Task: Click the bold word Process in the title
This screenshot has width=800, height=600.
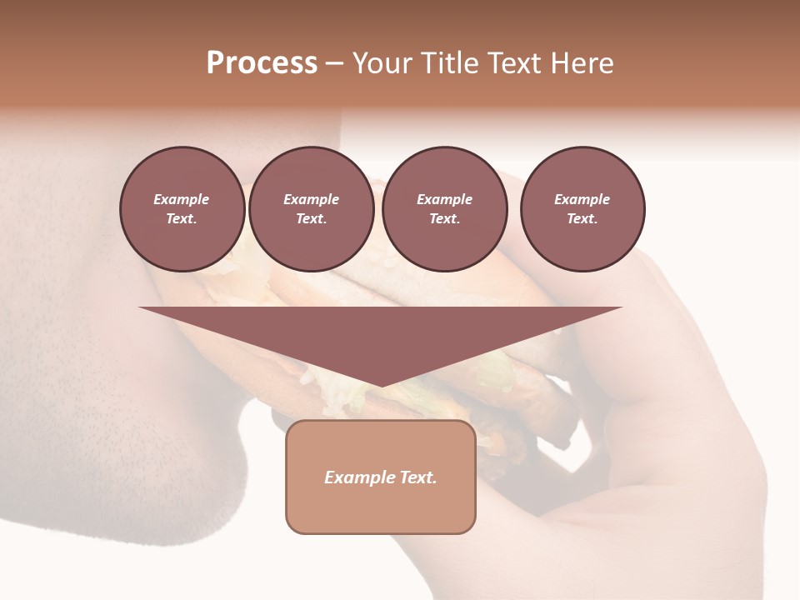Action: (x=262, y=63)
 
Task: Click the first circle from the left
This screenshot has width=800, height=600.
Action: (x=182, y=208)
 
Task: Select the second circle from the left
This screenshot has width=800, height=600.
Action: (x=311, y=208)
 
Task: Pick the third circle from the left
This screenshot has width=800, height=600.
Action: (x=444, y=208)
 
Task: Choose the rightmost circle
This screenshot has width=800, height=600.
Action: (x=582, y=208)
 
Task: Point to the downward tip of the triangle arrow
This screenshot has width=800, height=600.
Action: (x=381, y=385)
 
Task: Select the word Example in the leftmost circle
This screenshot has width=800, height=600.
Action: (x=182, y=199)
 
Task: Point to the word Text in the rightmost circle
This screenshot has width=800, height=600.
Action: (x=582, y=218)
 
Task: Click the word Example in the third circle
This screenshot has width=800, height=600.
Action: (x=444, y=199)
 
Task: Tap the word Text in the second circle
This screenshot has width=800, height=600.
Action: (x=311, y=218)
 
